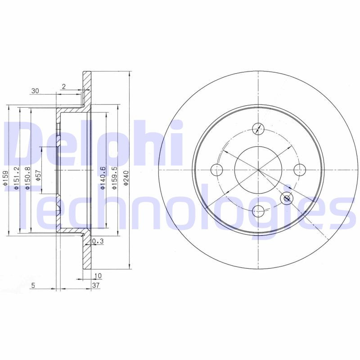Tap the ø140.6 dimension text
point(103,178)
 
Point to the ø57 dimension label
point(39,174)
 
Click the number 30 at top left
point(35,91)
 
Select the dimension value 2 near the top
point(64,87)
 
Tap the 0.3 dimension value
point(98,242)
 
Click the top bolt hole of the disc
point(258,129)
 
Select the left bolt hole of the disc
point(217,170)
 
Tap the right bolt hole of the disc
point(300,170)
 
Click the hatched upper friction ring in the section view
point(87,88)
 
